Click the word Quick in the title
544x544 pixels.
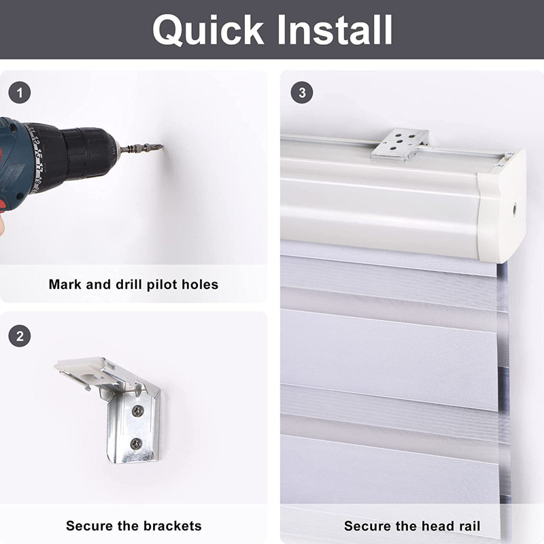tap(208, 31)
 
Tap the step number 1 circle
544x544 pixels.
tap(20, 92)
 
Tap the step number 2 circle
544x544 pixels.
tap(20, 336)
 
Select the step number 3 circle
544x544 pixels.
tap(302, 92)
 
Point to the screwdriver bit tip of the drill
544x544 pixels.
tap(161, 146)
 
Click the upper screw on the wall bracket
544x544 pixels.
tap(138, 411)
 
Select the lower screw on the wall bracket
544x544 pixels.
tap(135, 443)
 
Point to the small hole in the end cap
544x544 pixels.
tap(514, 209)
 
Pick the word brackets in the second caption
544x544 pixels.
tap(173, 526)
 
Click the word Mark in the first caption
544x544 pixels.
tap(65, 284)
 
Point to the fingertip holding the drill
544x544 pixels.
tap(1, 226)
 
